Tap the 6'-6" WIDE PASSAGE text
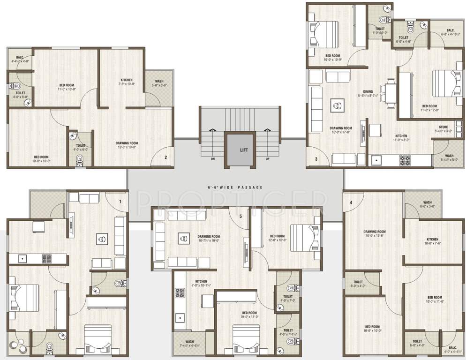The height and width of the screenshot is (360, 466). point(235,187)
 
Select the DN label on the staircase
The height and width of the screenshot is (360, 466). point(212,159)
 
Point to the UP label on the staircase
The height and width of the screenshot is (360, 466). point(268,159)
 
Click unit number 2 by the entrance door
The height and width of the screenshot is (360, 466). point(165,157)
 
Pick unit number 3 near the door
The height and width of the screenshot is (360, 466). point(316,159)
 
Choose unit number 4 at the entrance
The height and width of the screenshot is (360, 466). point(351,202)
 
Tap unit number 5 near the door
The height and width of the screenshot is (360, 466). point(241,216)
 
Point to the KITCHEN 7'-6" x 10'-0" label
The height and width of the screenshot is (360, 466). point(127,82)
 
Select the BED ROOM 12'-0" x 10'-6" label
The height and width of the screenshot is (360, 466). point(277,238)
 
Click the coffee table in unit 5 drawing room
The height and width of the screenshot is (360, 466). point(181,239)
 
